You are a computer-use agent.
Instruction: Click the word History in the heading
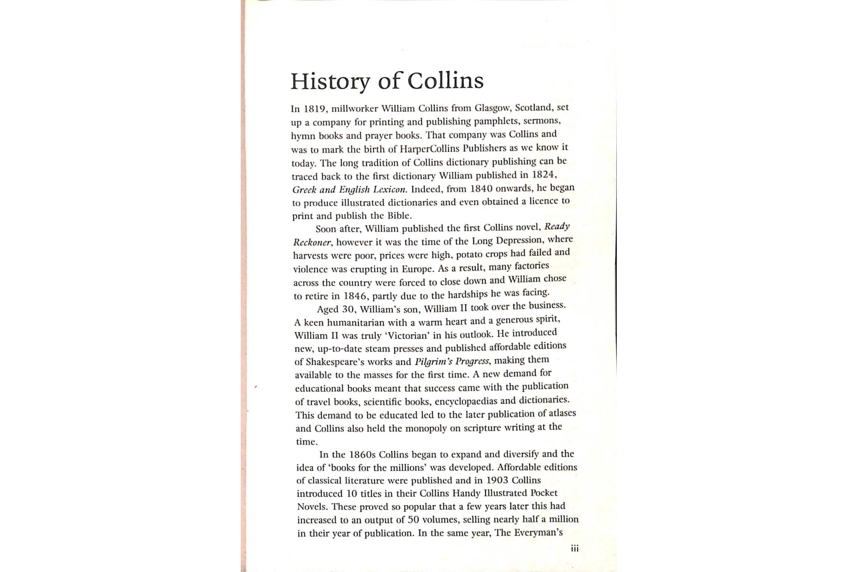(330, 82)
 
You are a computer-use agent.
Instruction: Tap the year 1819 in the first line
(314, 109)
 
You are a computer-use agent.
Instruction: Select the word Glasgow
(492, 108)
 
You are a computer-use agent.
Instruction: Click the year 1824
(544, 174)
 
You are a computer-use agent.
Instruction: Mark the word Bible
(399, 215)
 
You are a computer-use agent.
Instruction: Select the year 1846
(355, 296)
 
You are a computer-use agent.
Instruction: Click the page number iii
(574, 549)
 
